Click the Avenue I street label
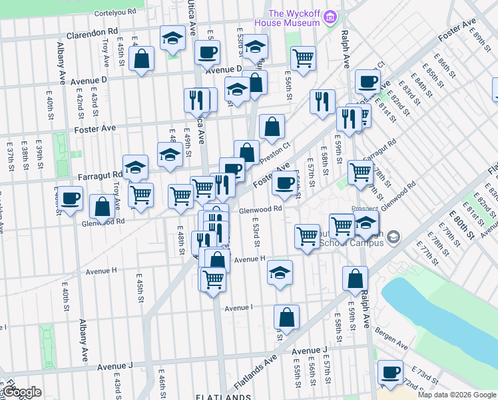point(239,308)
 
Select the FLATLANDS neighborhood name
point(222,396)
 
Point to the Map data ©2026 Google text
point(457,395)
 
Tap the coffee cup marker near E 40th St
point(70,198)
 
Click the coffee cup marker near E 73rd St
point(389,372)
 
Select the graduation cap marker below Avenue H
point(280,272)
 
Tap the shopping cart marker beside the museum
point(303,58)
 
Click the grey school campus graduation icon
point(393,236)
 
